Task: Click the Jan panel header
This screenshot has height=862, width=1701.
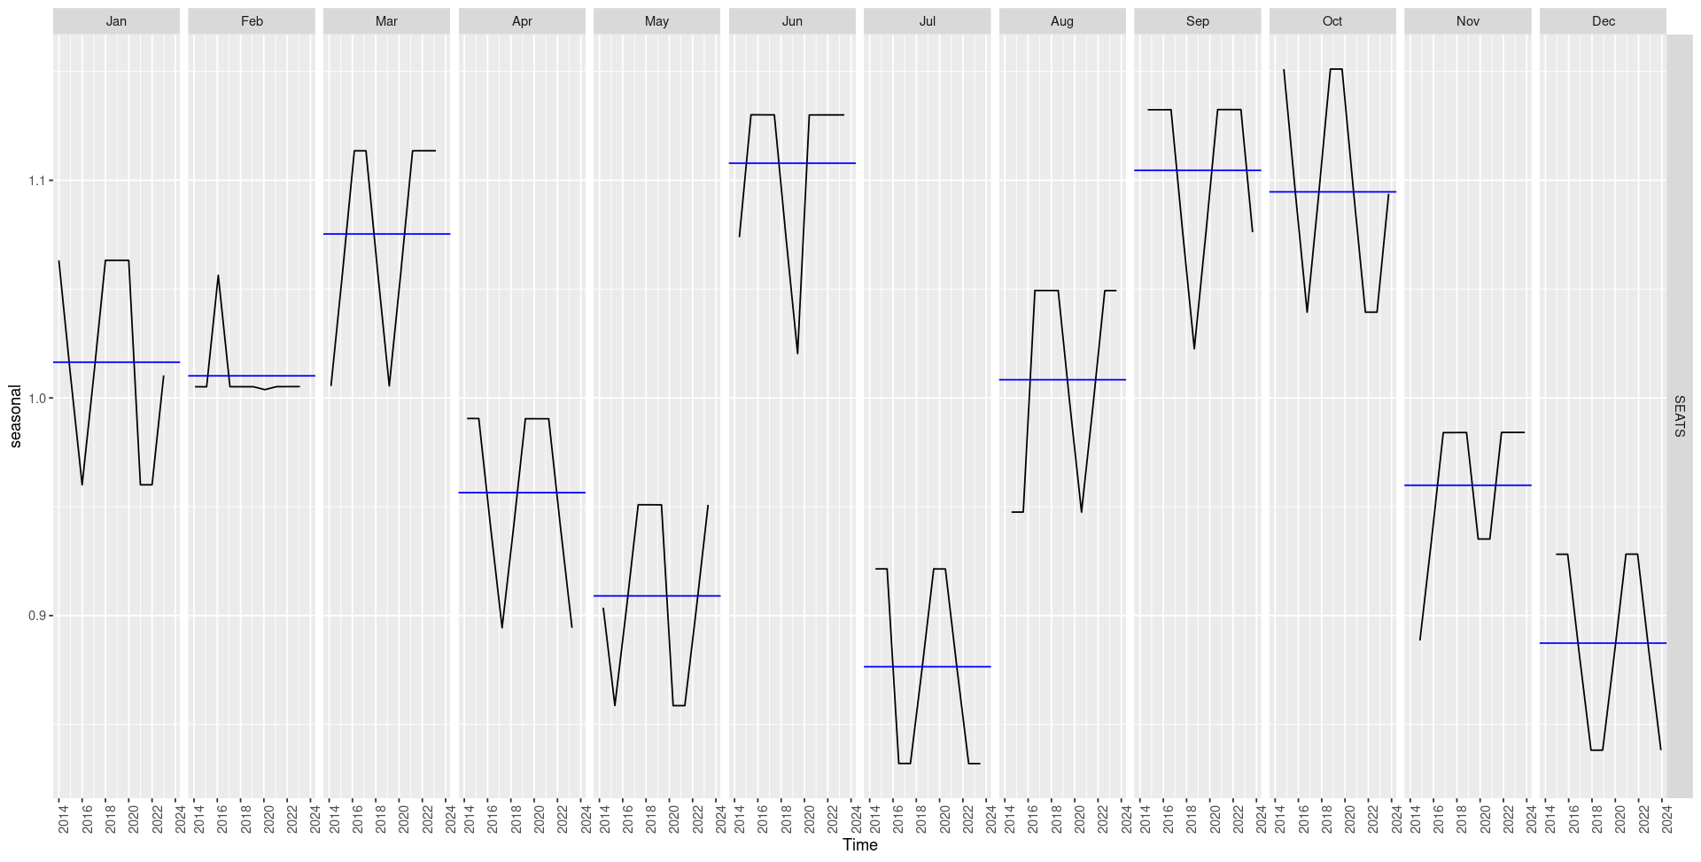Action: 116,21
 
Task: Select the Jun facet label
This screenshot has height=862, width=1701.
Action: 792,21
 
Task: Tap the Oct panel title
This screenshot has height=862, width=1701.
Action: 1332,21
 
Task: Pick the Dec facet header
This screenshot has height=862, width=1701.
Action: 1603,21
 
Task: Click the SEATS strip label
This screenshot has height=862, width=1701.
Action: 1679,415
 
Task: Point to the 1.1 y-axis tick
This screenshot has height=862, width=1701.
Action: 36,181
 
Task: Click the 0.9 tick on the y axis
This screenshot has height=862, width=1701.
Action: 36,616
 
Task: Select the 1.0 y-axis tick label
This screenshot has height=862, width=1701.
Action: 36,399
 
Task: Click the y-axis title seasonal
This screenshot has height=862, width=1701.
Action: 15,415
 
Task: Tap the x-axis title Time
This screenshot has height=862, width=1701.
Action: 859,845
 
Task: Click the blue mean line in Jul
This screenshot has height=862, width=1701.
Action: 927,666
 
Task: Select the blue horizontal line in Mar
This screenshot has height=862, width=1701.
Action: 386,234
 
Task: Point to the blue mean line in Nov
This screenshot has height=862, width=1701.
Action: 1467,485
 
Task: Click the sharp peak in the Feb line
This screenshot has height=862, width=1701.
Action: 218,276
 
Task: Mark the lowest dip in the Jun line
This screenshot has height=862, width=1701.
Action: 797,353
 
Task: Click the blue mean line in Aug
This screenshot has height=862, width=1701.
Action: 1062,379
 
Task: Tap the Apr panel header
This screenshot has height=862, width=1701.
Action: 522,21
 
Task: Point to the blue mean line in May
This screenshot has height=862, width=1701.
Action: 656,596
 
